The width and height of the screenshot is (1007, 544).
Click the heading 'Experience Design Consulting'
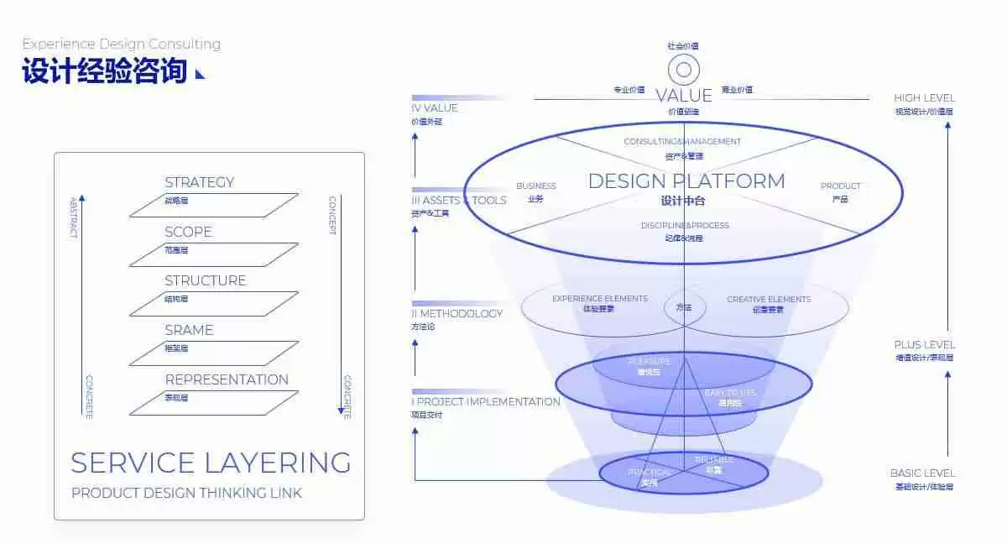pyautogui.click(x=122, y=44)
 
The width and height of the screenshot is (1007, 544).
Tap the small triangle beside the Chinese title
pyautogui.click(x=200, y=74)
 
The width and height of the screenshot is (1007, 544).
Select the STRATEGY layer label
pyautogui.click(x=200, y=182)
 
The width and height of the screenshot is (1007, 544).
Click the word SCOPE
pyautogui.click(x=189, y=232)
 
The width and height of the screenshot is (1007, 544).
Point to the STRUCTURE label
pyautogui.click(x=206, y=280)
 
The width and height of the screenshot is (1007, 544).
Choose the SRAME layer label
pyautogui.click(x=189, y=330)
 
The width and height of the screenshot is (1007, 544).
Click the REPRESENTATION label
pyautogui.click(x=227, y=379)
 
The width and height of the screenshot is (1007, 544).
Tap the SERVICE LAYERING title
pyautogui.click(x=211, y=463)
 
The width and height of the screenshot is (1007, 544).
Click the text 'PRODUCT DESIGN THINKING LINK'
pyautogui.click(x=186, y=494)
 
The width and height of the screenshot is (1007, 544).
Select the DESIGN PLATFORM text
pyautogui.click(x=686, y=181)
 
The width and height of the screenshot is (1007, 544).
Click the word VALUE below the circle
pyautogui.click(x=684, y=96)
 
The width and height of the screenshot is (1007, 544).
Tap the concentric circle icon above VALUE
pyautogui.click(x=684, y=70)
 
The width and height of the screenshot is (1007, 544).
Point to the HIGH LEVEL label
pyautogui.click(x=924, y=98)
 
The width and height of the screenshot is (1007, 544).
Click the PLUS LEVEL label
pyautogui.click(x=924, y=345)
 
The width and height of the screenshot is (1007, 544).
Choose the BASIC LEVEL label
pyautogui.click(x=923, y=473)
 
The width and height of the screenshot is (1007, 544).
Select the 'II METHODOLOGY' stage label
pyautogui.click(x=458, y=314)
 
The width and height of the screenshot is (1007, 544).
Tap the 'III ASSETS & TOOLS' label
pyautogui.click(x=460, y=201)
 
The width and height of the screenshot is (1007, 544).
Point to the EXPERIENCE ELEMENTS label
pyautogui.click(x=599, y=299)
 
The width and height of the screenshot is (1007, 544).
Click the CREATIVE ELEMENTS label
pyautogui.click(x=769, y=300)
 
